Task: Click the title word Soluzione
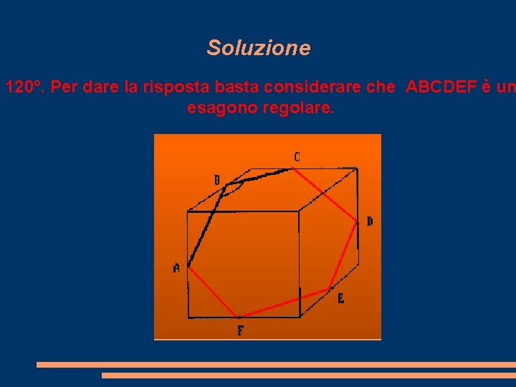259,48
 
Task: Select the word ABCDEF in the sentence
439,88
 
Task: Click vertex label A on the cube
176,268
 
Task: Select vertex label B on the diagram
217,180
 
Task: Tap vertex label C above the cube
297,156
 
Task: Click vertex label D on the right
369,221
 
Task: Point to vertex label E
340,299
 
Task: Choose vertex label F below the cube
240,330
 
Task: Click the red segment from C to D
327,196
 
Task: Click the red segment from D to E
344,256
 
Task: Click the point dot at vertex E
330,289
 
